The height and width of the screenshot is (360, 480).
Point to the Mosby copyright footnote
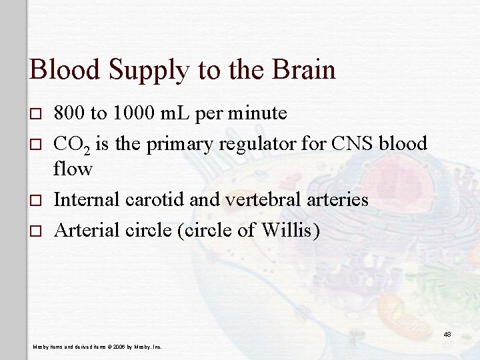pos(100,347)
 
